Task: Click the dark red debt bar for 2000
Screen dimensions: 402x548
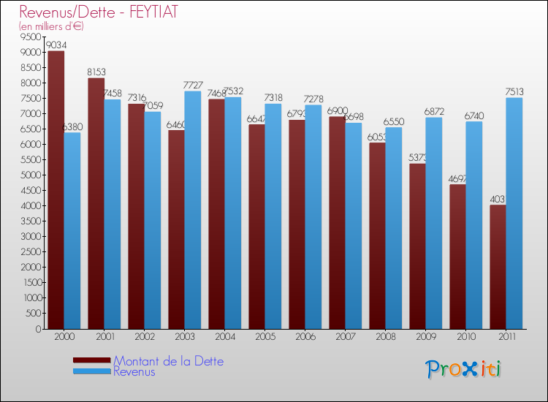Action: pos(56,190)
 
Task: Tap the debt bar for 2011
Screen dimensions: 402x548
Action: pos(498,267)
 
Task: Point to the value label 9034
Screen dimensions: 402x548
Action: pos(56,45)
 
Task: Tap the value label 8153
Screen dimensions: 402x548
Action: pos(96,72)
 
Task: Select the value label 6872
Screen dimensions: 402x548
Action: pos(435,112)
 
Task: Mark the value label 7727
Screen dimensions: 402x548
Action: pos(193,86)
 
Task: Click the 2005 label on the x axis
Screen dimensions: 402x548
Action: pos(265,338)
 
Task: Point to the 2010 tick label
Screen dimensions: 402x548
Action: pos(465,338)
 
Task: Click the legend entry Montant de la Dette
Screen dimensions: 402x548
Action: pos(168,361)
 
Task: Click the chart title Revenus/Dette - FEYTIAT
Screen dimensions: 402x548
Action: pos(98,12)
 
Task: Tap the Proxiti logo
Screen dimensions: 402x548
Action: pos(464,368)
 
